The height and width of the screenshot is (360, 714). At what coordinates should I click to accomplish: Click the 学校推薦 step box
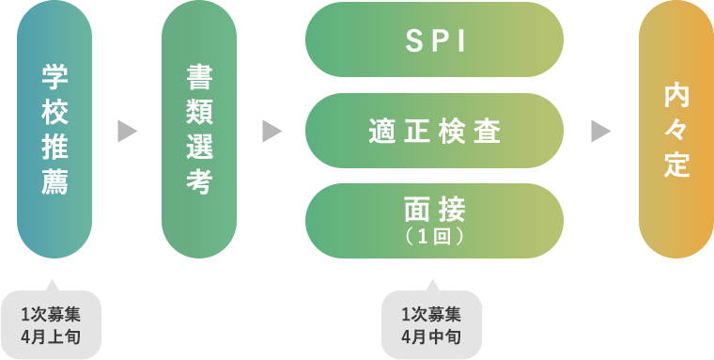point(54,130)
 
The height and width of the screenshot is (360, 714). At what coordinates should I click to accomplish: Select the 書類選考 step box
point(198,130)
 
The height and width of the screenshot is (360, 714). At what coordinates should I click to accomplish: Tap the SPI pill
point(434,40)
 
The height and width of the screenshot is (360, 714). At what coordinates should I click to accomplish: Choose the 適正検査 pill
point(434,131)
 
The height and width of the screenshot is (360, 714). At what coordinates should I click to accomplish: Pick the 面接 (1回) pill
point(434,220)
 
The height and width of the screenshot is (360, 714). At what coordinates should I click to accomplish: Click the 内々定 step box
point(676,130)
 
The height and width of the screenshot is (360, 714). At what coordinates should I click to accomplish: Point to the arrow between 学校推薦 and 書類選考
point(127,131)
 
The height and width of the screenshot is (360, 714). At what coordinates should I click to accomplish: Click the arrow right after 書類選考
point(272,131)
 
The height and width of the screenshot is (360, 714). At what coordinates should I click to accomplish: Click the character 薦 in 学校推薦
point(54,181)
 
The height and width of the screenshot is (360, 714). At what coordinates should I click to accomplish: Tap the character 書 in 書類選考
point(198,78)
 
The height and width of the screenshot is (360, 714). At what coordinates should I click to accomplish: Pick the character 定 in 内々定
point(676,164)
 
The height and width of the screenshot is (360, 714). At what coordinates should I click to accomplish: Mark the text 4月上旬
point(54,336)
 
